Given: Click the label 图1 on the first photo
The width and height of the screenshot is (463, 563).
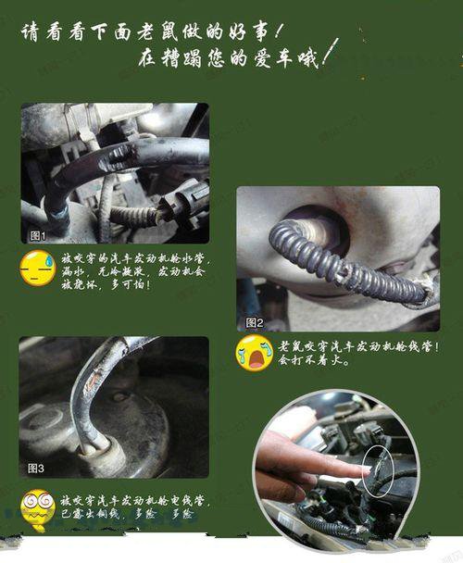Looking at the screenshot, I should (38, 235).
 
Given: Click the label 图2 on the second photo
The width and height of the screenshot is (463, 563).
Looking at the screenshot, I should (256, 322).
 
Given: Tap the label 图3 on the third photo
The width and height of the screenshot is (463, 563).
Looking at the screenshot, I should (37, 467).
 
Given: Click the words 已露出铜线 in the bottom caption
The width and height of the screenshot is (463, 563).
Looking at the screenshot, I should (94, 511).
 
